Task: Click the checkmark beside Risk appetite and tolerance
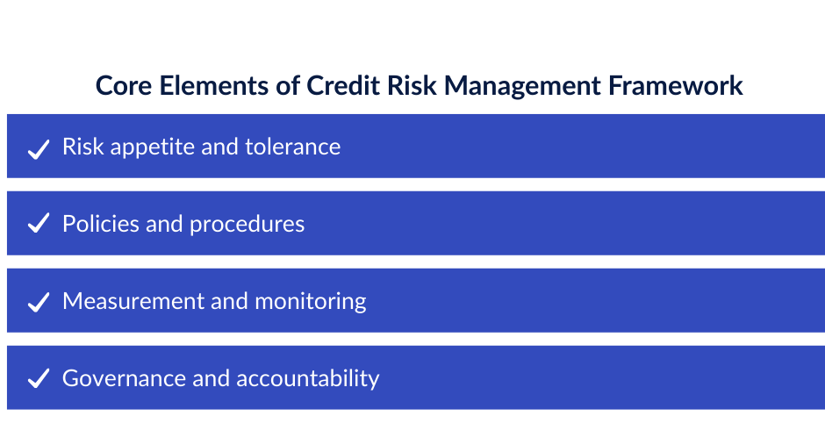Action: click(x=38, y=148)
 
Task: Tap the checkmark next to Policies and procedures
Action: click(x=38, y=226)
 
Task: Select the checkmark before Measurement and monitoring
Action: click(x=38, y=303)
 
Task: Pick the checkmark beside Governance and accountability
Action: click(x=38, y=380)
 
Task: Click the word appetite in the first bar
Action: click(x=152, y=147)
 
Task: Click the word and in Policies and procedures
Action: click(x=164, y=224)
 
